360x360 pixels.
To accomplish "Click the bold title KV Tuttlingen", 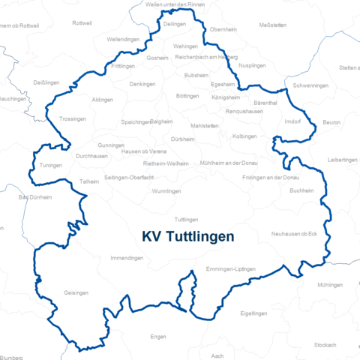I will (x=187, y=235).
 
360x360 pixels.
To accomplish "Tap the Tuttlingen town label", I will (x=186, y=220).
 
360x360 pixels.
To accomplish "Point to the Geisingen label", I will (x=76, y=293).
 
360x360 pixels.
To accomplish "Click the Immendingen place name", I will (x=126, y=258).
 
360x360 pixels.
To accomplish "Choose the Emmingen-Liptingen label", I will (x=230, y=268).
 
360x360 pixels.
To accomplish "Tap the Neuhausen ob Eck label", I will (x=295, y=234).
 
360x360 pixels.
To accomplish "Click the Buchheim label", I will (x=301, y=190).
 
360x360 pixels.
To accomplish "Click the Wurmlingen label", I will (x=166, y=191).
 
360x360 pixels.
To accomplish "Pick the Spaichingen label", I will (x=136, y=121).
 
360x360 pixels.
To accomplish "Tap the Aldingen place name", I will (x=102, y=100).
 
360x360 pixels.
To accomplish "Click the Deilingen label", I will (x=174, y=24).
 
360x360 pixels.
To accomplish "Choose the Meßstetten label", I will (x=272, y=25).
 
